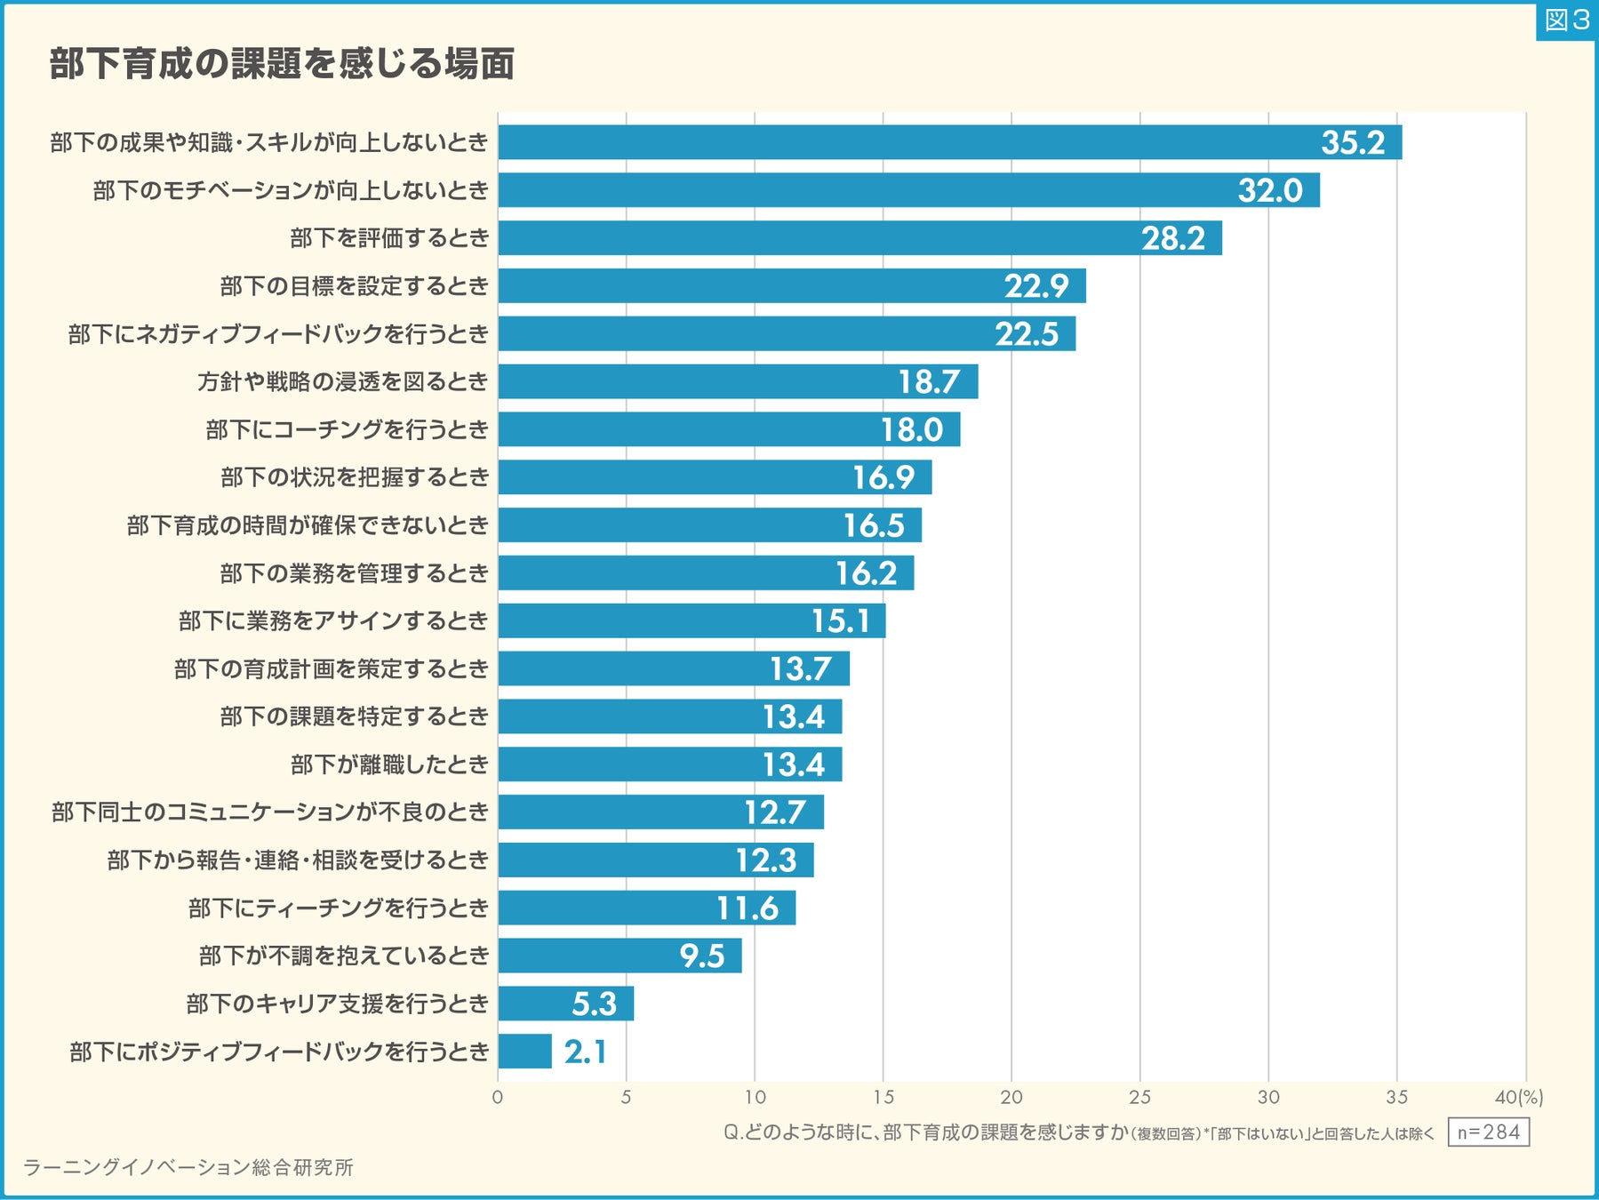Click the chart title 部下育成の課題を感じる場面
pyautogui.click(x=282, y=64)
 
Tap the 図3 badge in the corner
pyautogui.click(x=1566, y=20)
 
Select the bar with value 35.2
pyautogui.click(x=949, y=142)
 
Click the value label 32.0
pyautogui.click(x=1269, y=190)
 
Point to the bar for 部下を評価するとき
pyautogui.click(x=859, y=238)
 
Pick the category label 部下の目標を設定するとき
pyautogui.click(x=354, y=286)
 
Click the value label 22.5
pyautogui.click(x=1027, y=334)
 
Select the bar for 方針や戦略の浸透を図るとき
pyautogui.click(x=738, y=381)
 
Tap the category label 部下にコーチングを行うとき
pyautogui.click(x=347, y=430)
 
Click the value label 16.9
pyautogui.click(x=883, y=477)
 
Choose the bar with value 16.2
pyautogui.click(x=706, y=573)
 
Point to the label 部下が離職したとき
pyautogui.click(x=389, y=764)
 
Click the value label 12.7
pyautogui.click(x=774, y=812)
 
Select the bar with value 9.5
pyautogui.click(x=620, y=956)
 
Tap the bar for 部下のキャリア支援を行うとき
pyautogui.click(x=565, y=1004)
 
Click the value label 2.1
pyautogui.click(x=585, y=1052)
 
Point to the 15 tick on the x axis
pyautogui.click(x=883, y=1097)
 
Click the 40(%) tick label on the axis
pyautogui.click(x=1518, y=1097)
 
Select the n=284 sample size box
pyautogui.click(x=1488, y=1132)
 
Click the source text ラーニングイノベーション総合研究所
pyautogui.click(x=188, y=1167)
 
